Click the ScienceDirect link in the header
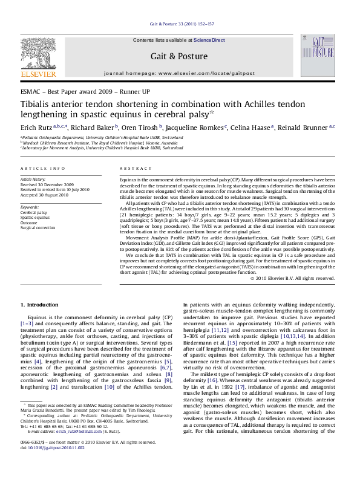209,40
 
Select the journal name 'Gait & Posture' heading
179,55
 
